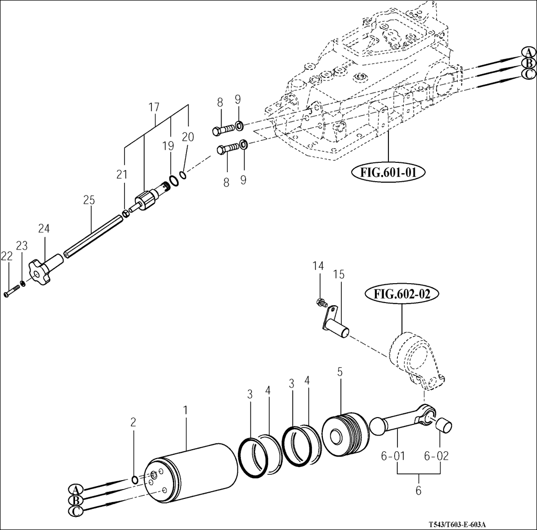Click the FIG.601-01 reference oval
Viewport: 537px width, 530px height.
386,173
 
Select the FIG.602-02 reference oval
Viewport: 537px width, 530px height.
402,294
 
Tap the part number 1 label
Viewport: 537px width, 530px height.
185,409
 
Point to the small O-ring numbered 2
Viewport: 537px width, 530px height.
134,480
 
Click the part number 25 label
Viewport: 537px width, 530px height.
89,200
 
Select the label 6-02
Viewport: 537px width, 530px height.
436,456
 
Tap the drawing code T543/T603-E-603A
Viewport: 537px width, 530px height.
457,525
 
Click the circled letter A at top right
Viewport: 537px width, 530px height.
528,53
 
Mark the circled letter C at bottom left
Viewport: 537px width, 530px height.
77,510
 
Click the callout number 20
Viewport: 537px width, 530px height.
187,137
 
